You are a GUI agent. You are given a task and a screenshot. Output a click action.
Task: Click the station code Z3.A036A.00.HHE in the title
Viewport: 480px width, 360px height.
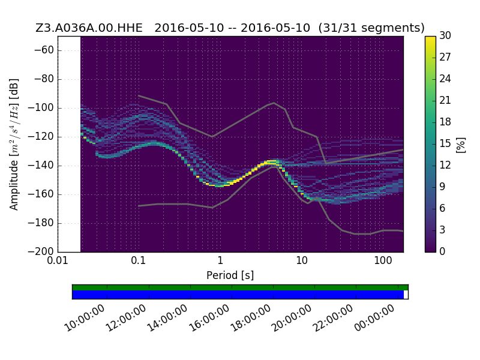click(x=89, y=28)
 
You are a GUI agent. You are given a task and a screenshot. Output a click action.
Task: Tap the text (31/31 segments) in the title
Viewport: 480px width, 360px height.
click(x=371, y=28)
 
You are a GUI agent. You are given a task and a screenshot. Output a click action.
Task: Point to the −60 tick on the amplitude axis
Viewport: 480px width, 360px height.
click(x=44, y=50)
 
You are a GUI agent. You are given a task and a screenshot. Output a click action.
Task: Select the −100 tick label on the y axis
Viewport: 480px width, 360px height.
click(x=41, y=108)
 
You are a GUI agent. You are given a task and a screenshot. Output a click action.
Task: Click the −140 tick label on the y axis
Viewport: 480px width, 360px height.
click(x=41, y=166)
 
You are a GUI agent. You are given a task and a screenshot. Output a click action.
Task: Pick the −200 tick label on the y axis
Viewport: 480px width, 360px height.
click(x=41, y=251)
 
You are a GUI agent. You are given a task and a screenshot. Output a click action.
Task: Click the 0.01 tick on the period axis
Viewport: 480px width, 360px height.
click(x=58, y=261)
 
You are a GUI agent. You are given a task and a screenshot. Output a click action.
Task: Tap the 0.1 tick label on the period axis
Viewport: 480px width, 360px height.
click(x=139, y=261)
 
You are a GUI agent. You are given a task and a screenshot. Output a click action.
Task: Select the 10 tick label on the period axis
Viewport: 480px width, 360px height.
click(x=302, y=261)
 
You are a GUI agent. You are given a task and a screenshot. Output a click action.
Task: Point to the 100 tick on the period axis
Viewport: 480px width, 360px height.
click(x=383, y=261)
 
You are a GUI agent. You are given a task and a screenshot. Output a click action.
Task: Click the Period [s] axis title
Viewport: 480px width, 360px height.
click(x=230, y=275)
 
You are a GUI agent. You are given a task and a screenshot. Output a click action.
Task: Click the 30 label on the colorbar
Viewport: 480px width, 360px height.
click(x=445, y=36)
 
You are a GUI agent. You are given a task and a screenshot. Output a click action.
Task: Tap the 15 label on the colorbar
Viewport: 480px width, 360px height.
click(x=445, y=143)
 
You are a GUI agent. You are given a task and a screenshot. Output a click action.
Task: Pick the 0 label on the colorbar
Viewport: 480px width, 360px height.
click(x=442, y=251)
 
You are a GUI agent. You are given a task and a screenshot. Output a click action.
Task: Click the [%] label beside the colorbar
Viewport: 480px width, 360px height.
click(x=461, y=145)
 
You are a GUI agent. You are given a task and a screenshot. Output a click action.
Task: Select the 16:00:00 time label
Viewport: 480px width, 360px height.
click(x=209, y=319)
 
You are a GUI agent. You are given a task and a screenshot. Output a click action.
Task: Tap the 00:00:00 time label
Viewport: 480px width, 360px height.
click(x=374, y=319)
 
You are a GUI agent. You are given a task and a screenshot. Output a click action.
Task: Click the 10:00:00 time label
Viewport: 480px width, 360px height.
click(x=85, y=319)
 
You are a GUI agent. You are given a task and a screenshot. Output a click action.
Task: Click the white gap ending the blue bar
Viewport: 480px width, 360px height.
click(x=406, y=295)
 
